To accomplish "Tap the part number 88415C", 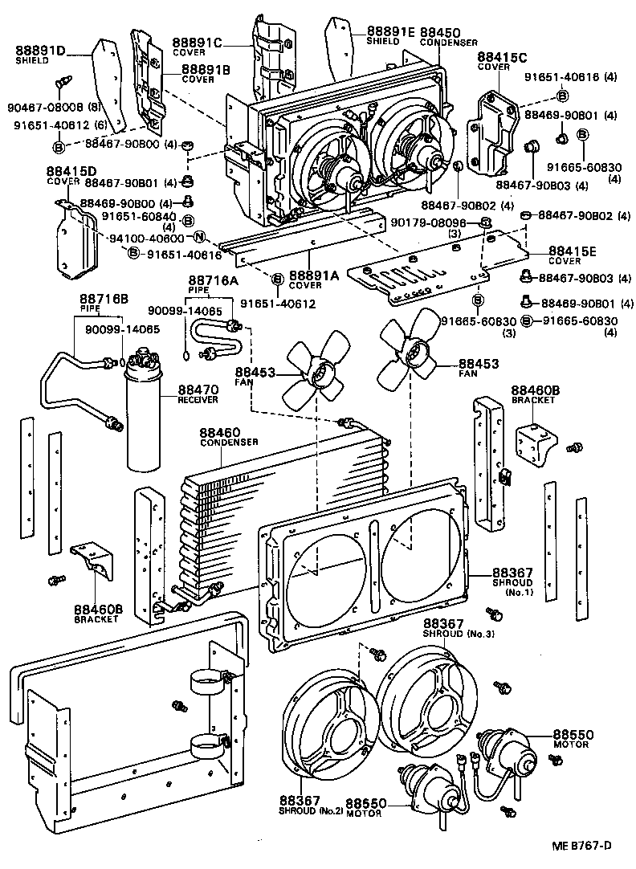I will pos(502,57).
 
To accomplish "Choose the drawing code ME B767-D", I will pos(581,847).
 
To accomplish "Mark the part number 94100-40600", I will pos(148,238).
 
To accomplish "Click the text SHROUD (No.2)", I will pos(312,810).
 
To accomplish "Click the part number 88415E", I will pos(572,251).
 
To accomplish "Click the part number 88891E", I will pos(391,31).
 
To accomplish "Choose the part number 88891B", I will pos(206,70).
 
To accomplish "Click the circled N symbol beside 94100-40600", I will pos(198,238).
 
